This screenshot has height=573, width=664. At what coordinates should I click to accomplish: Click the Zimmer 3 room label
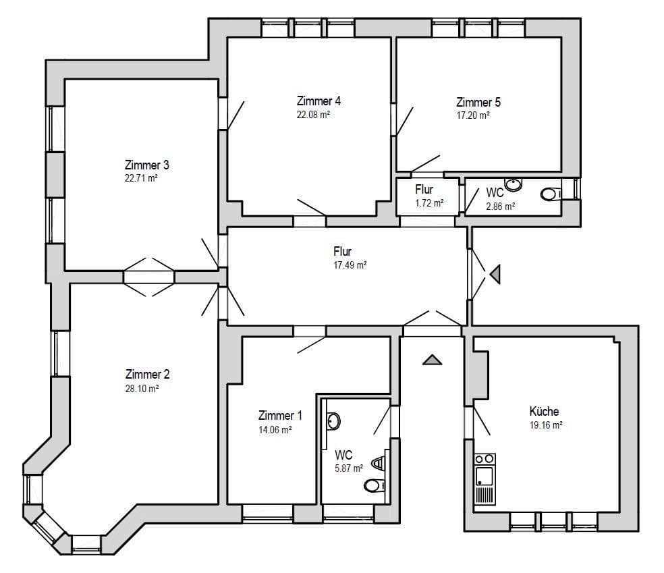point(146,165)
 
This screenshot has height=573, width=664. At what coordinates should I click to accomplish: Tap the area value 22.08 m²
point(314,115)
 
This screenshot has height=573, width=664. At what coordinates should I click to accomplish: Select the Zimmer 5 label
point(478,103)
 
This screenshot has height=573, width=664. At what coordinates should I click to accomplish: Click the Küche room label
point(544,411)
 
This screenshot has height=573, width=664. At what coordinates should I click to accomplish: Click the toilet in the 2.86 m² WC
point(551,194)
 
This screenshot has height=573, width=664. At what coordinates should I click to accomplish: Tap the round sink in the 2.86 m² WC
point(514,183)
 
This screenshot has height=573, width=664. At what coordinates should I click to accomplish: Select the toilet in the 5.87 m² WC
point(374,485)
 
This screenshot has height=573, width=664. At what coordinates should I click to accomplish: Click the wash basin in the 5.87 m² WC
point(333,421)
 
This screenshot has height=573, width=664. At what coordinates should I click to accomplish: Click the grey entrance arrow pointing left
point(495,274)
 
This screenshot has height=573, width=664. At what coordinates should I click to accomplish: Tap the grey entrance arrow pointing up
point(432,360)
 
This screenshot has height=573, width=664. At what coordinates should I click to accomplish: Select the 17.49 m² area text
point(350,266)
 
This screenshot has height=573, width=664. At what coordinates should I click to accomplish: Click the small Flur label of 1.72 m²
point(424,190)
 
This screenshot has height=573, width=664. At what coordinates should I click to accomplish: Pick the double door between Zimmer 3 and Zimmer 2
point(149,276)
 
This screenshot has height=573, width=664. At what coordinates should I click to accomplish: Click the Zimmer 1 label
point(276,416)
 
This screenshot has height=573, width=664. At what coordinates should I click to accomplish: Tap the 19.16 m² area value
point(547,425)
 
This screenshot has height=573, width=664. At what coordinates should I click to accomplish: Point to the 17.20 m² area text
point(473,115)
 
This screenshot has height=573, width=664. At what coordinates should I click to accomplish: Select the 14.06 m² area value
point(275,430)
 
